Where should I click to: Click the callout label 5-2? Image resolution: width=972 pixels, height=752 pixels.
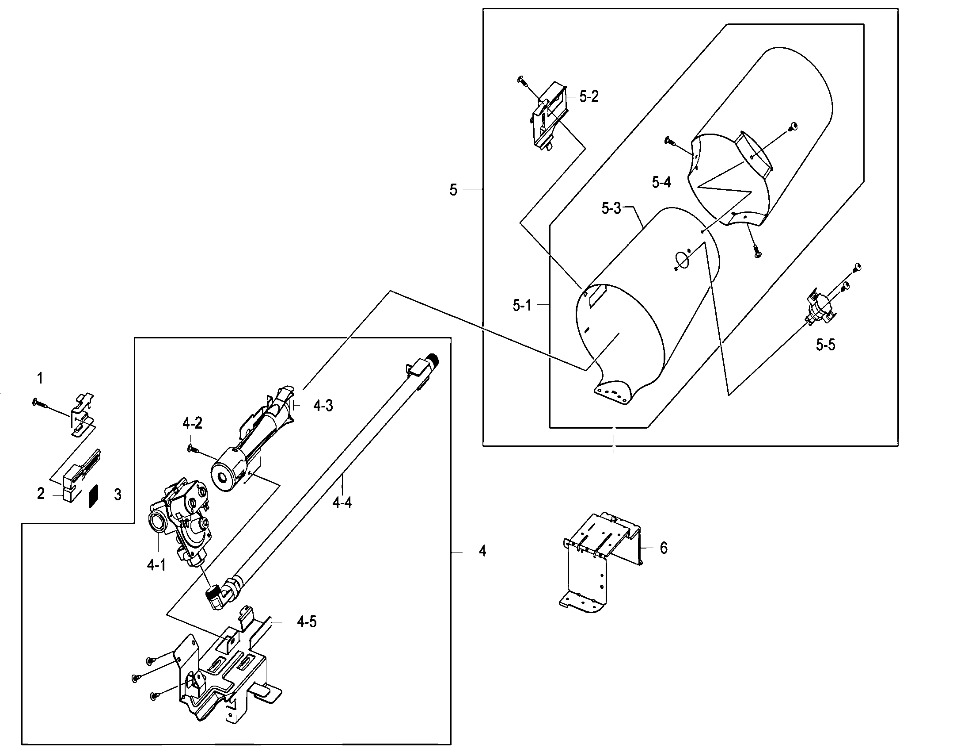pos(589,97)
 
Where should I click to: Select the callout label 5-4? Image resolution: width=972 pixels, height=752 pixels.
pos(661,182)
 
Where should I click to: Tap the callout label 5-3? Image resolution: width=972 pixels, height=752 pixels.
pos(611,208)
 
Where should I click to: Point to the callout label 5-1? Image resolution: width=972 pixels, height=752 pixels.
pos(522,306)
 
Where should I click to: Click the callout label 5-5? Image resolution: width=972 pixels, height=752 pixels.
pos(825,345)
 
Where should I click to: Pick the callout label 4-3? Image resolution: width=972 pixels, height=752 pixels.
pos(323,406)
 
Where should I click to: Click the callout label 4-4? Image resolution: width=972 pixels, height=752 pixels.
pos(342,503)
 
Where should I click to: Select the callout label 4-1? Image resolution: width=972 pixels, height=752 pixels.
pos(156,565)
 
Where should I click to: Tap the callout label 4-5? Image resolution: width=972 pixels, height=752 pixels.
pos(307,622)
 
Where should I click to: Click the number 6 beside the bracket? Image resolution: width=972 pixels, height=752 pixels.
pos(663,549)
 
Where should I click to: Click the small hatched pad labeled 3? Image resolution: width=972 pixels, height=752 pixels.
pos(93,496)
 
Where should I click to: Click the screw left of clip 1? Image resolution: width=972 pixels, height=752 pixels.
pos(39,403)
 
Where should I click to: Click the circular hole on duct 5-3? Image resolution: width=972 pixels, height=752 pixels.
pos(681,260)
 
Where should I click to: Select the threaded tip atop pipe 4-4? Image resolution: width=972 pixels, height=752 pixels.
pos(433,359)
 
